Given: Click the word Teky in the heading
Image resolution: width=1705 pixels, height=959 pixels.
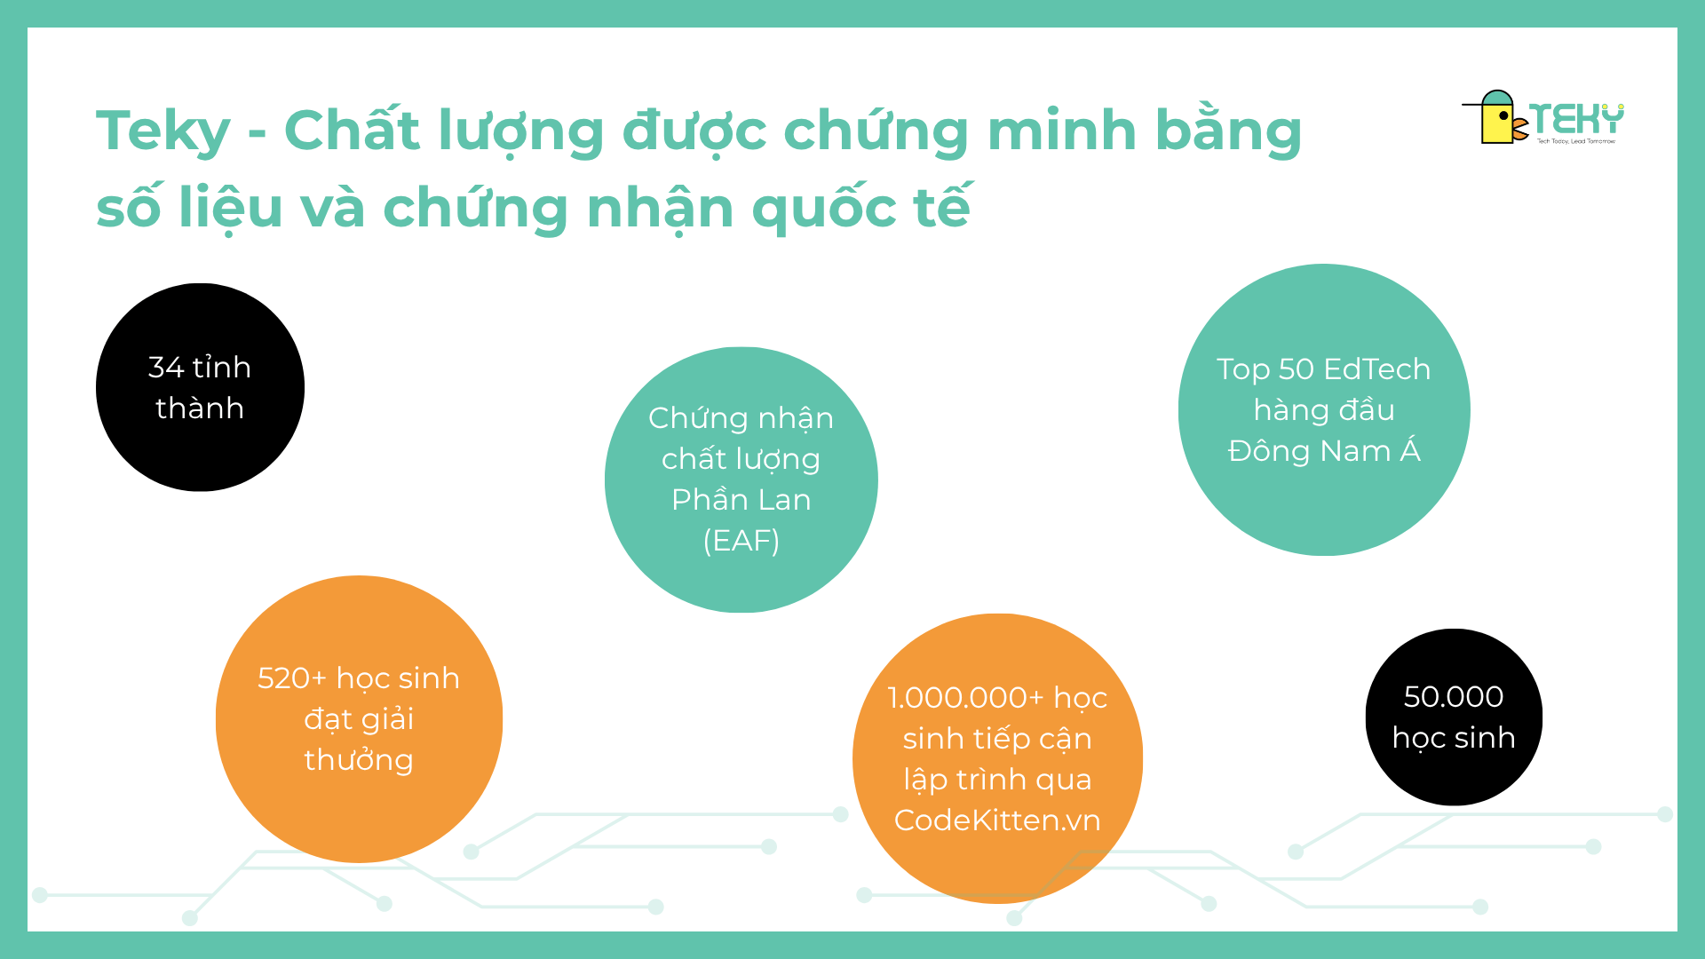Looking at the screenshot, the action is click(x=163, y=131).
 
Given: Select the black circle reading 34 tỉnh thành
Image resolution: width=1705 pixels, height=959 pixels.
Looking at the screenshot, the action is click(x=200, y=387).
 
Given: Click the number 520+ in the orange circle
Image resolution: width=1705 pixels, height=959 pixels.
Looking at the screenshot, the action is click(x=292, y=678).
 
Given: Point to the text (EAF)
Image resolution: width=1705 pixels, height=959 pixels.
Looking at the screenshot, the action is click(x=741, y=540).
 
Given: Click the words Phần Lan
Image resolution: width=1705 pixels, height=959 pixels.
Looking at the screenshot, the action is click(x=741, y=499).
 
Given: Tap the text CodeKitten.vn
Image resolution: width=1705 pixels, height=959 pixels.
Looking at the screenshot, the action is click(x=997, y=820).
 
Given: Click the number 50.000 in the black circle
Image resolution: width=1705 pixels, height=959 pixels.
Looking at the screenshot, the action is click(x=1454, y=697).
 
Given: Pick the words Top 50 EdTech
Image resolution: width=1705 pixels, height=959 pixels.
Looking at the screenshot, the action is click(x=1323, y=369).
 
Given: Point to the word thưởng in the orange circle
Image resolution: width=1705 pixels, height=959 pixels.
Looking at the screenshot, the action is click(x=359, y=761).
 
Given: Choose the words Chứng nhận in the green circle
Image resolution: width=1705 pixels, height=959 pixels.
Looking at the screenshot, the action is click(x=741, y=418).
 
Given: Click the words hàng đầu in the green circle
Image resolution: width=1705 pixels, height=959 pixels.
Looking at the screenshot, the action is click(x=1324, y=409).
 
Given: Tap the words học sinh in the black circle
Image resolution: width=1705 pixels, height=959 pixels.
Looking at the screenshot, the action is click(x=1454, y=739).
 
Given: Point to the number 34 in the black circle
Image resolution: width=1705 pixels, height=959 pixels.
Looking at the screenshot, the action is click(x=166, y=368).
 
